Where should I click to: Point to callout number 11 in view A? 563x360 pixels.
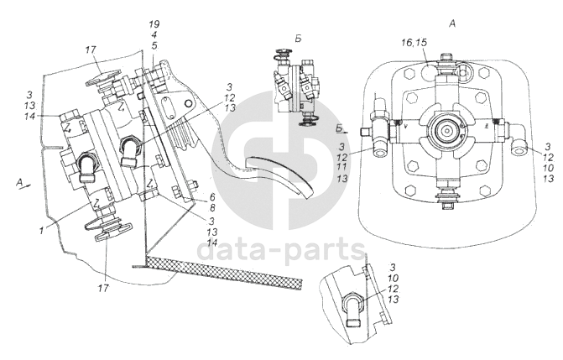pos(341,167)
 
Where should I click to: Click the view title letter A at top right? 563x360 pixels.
pos(452,23)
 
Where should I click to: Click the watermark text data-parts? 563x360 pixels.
pos(280,249)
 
